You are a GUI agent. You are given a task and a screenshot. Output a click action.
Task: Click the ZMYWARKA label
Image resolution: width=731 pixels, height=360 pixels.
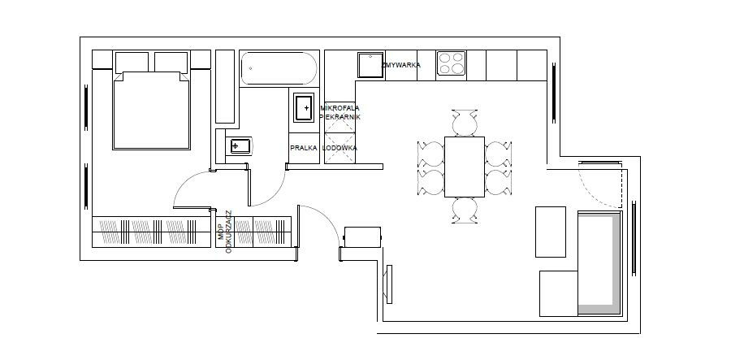pos(401,65)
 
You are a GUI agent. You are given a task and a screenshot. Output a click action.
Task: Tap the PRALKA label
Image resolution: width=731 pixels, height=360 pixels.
pos(304,148)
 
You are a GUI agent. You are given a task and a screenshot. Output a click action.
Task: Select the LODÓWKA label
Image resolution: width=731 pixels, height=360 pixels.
pos(340,148)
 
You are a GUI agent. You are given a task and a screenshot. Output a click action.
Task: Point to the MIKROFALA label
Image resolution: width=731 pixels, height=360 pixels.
pos(340,108)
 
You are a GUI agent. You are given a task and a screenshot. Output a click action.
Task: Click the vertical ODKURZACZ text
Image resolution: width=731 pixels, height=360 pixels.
pos(228,232)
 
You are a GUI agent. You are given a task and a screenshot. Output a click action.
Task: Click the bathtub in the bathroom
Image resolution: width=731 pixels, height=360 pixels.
pos(279,68)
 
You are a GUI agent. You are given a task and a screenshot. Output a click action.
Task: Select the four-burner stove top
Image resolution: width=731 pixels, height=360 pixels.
pos(452,63)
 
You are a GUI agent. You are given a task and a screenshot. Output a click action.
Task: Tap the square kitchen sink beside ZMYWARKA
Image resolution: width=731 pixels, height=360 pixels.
pos(370,65)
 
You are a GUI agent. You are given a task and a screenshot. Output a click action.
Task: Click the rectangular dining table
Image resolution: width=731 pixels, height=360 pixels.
pos(465,167)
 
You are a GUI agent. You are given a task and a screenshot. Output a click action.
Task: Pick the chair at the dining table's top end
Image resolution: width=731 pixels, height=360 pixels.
pos(465,123)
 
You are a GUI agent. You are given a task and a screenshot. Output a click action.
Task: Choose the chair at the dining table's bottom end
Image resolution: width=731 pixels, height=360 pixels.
pos(465,210)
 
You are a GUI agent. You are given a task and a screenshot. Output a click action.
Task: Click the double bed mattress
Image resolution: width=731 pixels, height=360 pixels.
pos(152,111)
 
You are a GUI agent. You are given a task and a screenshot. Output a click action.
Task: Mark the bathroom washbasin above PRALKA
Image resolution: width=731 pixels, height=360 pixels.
pos(304,108)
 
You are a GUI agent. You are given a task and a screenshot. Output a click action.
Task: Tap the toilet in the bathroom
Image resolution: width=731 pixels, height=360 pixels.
pos(238,146)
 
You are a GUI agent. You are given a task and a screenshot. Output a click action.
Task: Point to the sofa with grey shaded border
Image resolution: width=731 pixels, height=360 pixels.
pos(600,263)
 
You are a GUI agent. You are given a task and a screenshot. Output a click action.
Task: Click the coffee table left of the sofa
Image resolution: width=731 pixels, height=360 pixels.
pos(551,232)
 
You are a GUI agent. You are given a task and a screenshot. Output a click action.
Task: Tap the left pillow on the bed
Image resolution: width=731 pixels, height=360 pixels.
pos(132,62)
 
